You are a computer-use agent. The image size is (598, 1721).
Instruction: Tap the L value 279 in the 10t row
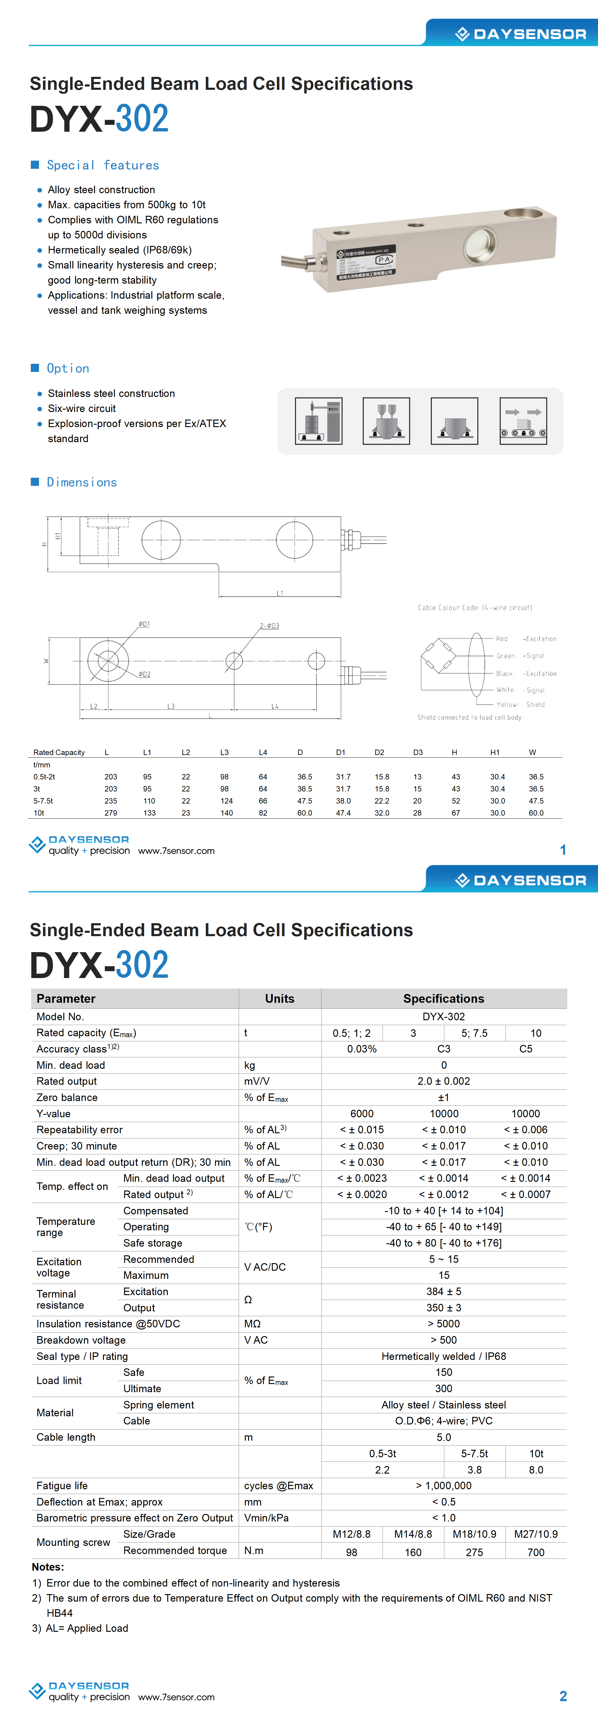click(x=111, y=813)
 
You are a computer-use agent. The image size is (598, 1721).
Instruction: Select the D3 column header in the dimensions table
click(x=417, y=752)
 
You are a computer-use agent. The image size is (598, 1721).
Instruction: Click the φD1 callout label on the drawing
click(x=144, y=624)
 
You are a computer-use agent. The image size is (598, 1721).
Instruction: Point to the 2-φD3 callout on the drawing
click(x=269, y=626)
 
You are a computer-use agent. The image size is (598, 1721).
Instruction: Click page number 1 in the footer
click(x=563, y=850)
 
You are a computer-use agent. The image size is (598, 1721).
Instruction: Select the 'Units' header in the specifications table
click(x=279, y=998)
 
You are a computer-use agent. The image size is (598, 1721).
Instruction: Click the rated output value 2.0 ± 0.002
click(x=444, y=1081)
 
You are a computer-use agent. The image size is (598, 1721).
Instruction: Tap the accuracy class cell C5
click(x=526, y=1049)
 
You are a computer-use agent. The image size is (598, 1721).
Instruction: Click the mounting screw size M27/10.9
click(x=536, y=1534)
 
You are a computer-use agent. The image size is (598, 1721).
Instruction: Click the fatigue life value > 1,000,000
click(x=444, y=1485)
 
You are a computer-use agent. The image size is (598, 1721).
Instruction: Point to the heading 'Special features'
click(x=103, y=165)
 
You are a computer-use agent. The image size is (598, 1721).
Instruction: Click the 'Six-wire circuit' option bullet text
click(x=81, y=408)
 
